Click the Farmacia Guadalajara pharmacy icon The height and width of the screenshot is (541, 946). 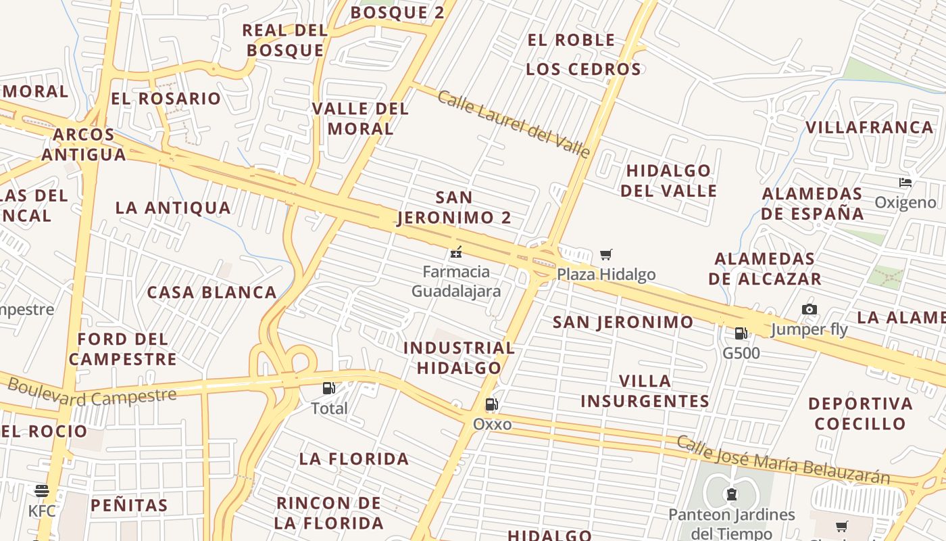(x=456, y=253)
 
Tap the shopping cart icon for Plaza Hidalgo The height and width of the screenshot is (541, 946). (x=606, y=255)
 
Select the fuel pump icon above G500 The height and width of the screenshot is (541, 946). (x=741, y=333)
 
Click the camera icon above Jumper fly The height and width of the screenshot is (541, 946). (x=809, y=310)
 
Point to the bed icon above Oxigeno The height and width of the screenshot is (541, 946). (x=905, y=182)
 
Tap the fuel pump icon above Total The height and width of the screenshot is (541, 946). (x=329, y=388)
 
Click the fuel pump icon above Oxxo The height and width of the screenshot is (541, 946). (x=492, y=404)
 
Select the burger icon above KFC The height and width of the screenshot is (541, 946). (x=42, y=490)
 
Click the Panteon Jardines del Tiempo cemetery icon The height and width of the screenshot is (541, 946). (x=731, y=494)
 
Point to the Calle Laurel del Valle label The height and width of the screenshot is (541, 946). (x=514, y=124)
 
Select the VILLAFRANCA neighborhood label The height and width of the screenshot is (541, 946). (x=869, y=127)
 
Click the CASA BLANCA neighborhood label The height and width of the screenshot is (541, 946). (x=212, y=293)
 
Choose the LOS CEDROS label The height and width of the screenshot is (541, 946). (x=583, y=69)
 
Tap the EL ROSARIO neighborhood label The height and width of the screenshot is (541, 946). (x=166, y=99)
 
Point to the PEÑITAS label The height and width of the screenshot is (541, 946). (x=128, y=505)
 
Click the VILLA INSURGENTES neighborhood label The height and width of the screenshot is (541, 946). (x=645, y=391)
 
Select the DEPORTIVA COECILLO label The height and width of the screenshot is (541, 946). (x=860, y=414)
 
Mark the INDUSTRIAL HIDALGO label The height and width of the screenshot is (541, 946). (x=459, y=358)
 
